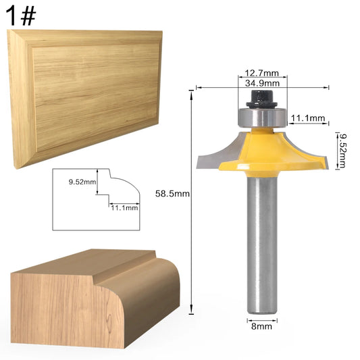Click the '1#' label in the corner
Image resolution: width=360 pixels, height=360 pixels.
(x=21, y=16)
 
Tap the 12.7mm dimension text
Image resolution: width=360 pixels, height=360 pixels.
(x=262, y=73)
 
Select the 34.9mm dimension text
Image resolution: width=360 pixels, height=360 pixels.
(x=262, y=83)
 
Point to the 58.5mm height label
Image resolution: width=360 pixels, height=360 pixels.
(x=172, y=194)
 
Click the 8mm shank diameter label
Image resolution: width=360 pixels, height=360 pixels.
(x=261, y=326)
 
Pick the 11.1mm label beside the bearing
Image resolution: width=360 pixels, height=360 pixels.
(x=308, y=118)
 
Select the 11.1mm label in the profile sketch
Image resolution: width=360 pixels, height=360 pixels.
(x=124, y=208)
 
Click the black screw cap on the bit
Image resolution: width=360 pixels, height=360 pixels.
(x=262, y=99)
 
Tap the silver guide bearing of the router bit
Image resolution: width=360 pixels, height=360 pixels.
(x=262, y=118)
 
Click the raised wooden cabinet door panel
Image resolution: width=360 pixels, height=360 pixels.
(x=86, y=99)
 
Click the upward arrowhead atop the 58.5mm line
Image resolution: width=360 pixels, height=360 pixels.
(x=191, y=94)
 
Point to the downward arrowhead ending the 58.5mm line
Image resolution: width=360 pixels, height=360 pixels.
(x=191, y=310)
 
